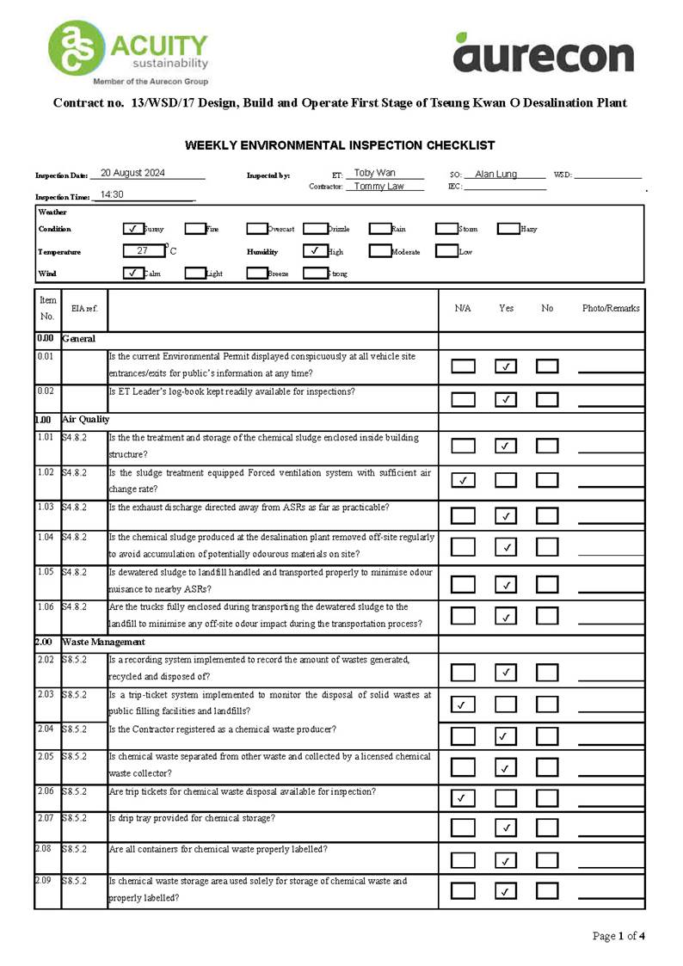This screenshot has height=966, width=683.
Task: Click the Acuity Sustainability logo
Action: (x=128, y=52)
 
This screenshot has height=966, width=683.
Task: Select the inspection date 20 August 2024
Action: (x=132, y=173)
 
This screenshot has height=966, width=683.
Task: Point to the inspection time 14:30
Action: (x=112, y=194)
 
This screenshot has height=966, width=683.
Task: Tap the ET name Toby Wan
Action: (x=375, y=173)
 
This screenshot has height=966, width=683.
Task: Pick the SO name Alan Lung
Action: (x=496, y=174)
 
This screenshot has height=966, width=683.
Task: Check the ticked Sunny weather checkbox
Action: (x=132, y=229)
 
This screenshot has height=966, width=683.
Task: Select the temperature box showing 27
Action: (x=143, y=251)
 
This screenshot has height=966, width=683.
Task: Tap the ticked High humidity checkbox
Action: (x=314, y=251)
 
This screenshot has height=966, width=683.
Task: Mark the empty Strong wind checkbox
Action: (x=316, y=274)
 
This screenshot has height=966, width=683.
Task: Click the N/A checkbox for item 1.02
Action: (x=463, y=479)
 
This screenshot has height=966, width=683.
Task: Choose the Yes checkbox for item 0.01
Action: (x=506, y=366)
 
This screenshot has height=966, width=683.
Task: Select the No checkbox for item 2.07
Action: (x=547, y=828)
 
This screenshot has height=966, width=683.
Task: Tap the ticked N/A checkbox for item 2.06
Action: (x=463, y=797)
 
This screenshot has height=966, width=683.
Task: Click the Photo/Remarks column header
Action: (x=610, y=308)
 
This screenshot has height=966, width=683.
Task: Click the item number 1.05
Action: (x=46, y=572)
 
